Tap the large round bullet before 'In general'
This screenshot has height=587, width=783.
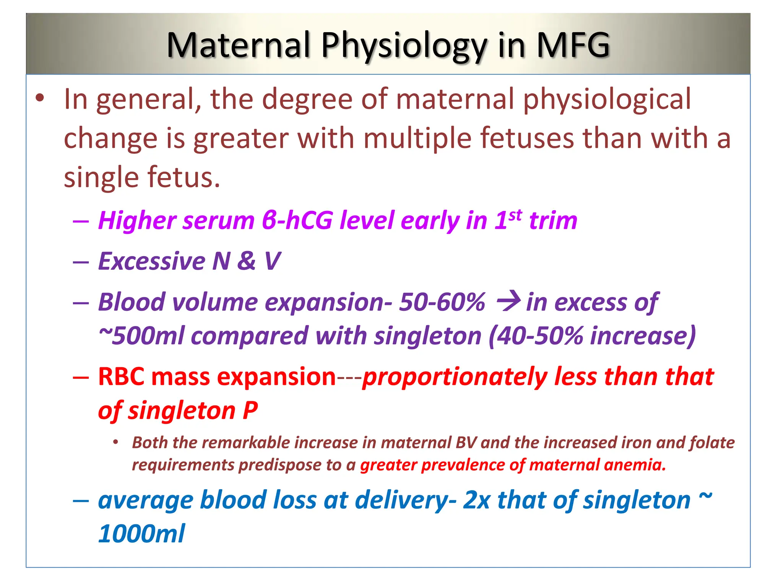pos(40,98)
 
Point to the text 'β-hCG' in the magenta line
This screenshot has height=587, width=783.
pos(297,221)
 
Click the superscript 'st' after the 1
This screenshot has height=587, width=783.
pos(515,215)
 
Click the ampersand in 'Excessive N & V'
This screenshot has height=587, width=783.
pos(246,261)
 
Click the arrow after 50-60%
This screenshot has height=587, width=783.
pos(508,301)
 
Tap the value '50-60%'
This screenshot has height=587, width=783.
pos(442,302)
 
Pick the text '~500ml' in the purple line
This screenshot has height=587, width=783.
pos(142,336)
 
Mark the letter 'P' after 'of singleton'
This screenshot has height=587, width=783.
pos(250,411)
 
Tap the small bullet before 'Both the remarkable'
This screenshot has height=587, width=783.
pos(115,443)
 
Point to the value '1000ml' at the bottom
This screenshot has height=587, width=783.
pos(141,533)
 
